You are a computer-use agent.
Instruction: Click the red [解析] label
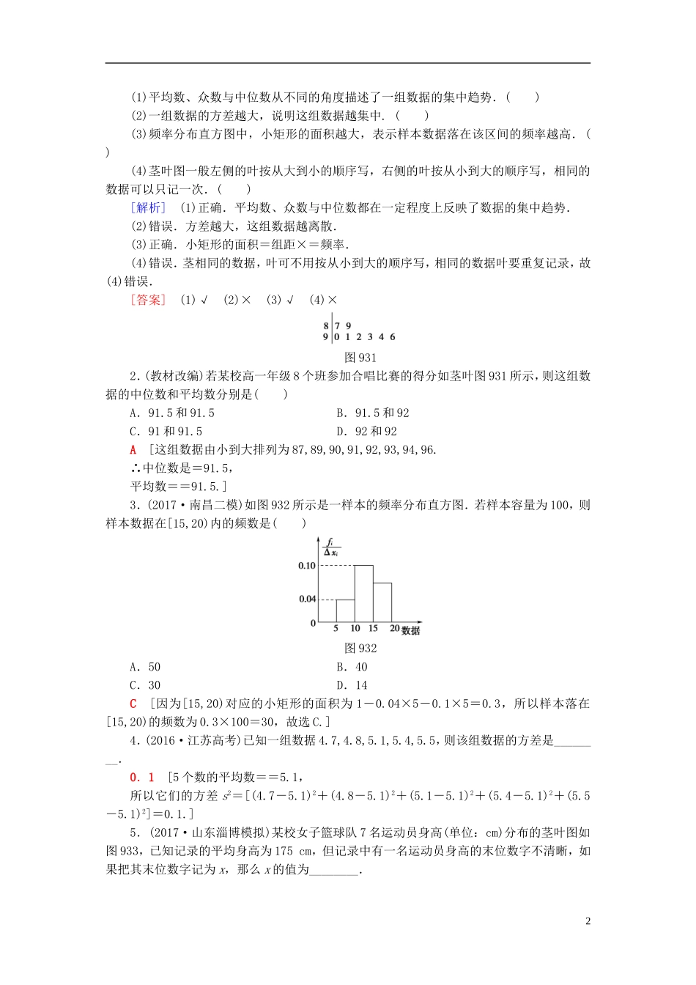pos(148,208)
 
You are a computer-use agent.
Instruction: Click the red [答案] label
pos(148,300)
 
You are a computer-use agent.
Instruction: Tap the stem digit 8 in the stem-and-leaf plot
pos(326,326)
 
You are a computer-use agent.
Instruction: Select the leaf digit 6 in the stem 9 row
pos(393,337)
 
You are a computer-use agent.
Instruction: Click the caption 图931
pos(360,358)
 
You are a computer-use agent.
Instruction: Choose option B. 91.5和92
pos(372,413)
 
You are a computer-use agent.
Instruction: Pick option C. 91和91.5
pos(166,432)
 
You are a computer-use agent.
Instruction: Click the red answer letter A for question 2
pos(133,450)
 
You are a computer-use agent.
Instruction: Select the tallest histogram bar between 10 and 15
pos(363,594)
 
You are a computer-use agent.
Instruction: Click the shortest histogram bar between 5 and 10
pos(345,610)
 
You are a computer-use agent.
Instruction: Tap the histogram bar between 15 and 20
pos(382,602)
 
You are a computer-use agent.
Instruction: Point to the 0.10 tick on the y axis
pos(307,566)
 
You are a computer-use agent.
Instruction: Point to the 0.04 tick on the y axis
pos(307,600)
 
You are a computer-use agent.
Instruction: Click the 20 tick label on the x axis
pos(394,629)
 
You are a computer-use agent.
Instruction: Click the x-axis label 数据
pos(411,630)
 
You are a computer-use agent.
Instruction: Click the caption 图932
pos(360,649)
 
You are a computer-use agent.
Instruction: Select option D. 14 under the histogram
pos(352,685)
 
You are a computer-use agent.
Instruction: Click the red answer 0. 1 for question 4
pos(142,778)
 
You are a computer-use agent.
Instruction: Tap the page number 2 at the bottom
pos(588,921)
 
